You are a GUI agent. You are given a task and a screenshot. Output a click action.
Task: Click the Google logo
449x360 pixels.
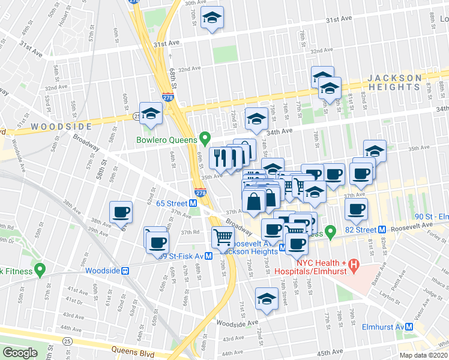pyautogui.click(x=20, y=353)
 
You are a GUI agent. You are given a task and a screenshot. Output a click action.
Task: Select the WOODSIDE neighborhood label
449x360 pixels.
pyautogui.click(x=61, y=127)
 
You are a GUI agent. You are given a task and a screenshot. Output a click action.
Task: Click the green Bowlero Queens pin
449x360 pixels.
pyautogui.click(x=205, y=139)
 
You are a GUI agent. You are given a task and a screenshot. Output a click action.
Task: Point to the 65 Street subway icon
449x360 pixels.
pyautogui.click(x=194, y=203)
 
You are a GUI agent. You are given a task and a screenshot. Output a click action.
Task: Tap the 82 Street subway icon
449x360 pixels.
pyautogui.click(x=382, y=230)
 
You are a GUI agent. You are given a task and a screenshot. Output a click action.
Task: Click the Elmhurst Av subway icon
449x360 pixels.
pyautogui.click(x=409, y=327)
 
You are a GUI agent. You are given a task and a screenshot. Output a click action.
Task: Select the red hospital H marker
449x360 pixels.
pyautogui.click(x=354, y=264)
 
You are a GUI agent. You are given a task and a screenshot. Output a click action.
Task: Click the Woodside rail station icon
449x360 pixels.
pyautogui.click(x=126, y=271)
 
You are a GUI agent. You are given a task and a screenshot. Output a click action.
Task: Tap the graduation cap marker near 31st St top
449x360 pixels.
pyautogui.click(x=211, y=18)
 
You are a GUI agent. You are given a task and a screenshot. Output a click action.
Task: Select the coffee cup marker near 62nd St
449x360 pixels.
pyautogui.click(x=121, y=211)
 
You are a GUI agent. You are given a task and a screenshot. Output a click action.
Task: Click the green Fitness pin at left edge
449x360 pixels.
pyautogui.click(x=40, y=270)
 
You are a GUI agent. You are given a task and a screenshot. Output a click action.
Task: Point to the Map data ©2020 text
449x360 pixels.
pyautogui.click(x=424, y=355)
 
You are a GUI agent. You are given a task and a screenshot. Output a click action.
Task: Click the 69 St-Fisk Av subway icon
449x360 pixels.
pyautogui.click(x=208, y=256)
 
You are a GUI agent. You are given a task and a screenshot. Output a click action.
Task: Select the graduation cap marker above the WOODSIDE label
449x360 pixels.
pyautogui.click(x=151, y=112)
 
